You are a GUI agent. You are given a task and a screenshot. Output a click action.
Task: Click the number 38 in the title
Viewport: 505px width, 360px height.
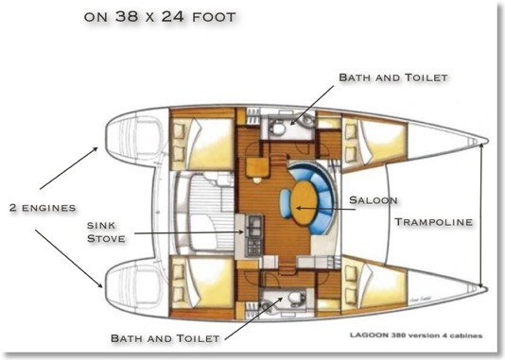pyautogui.click(x=128, y=16)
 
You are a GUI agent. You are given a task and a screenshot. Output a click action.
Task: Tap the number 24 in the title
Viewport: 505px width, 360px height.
pyautogui.click(x=173, y=16)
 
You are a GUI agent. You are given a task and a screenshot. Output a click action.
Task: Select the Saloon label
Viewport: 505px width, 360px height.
pyautogui.click(x=374, y=200)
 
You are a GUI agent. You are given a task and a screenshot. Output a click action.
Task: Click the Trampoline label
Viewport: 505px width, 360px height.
pyautogui.click(x=433, y=222)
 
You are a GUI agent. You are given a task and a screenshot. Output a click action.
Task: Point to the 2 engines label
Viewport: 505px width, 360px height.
pyautogui.click(x=43, y=208)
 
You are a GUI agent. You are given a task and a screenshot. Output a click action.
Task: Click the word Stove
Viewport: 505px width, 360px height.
pyautogui.click(x=106, y=239)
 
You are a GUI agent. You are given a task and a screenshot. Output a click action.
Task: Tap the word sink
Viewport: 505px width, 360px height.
pyautogui.click(x=101, y=225)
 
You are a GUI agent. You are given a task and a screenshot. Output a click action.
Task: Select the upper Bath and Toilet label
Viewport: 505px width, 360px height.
pyautogui.click(x=393, y=77)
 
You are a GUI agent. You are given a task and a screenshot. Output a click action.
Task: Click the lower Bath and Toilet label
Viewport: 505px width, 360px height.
pyautogui.click(x=165, y=338)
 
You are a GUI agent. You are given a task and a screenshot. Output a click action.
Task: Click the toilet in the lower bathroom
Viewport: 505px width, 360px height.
pyautogui.click(x=295, y=298)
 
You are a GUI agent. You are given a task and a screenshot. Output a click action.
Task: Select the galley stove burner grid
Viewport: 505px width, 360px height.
pyautogui.click(x=254, y=247)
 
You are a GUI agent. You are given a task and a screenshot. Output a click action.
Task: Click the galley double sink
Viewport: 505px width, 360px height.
pyautogui.click(x=254, y=226)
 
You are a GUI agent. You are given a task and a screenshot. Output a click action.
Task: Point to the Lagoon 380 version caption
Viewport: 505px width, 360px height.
pyautogui.click(x=416, y=335)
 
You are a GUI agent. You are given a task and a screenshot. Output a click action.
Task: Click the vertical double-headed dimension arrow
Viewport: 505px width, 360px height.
pyautogui.click(x=481, y=214)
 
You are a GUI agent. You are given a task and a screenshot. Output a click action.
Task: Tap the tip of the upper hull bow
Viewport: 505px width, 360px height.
pyautogui.click(x=488, y=141)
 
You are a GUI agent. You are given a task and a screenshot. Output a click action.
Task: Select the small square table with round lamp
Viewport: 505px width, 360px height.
pyautogui.click(x=257, y=168)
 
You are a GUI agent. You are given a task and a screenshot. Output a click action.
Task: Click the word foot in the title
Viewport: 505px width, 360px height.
pyautogui.click(x=214, y=17)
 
